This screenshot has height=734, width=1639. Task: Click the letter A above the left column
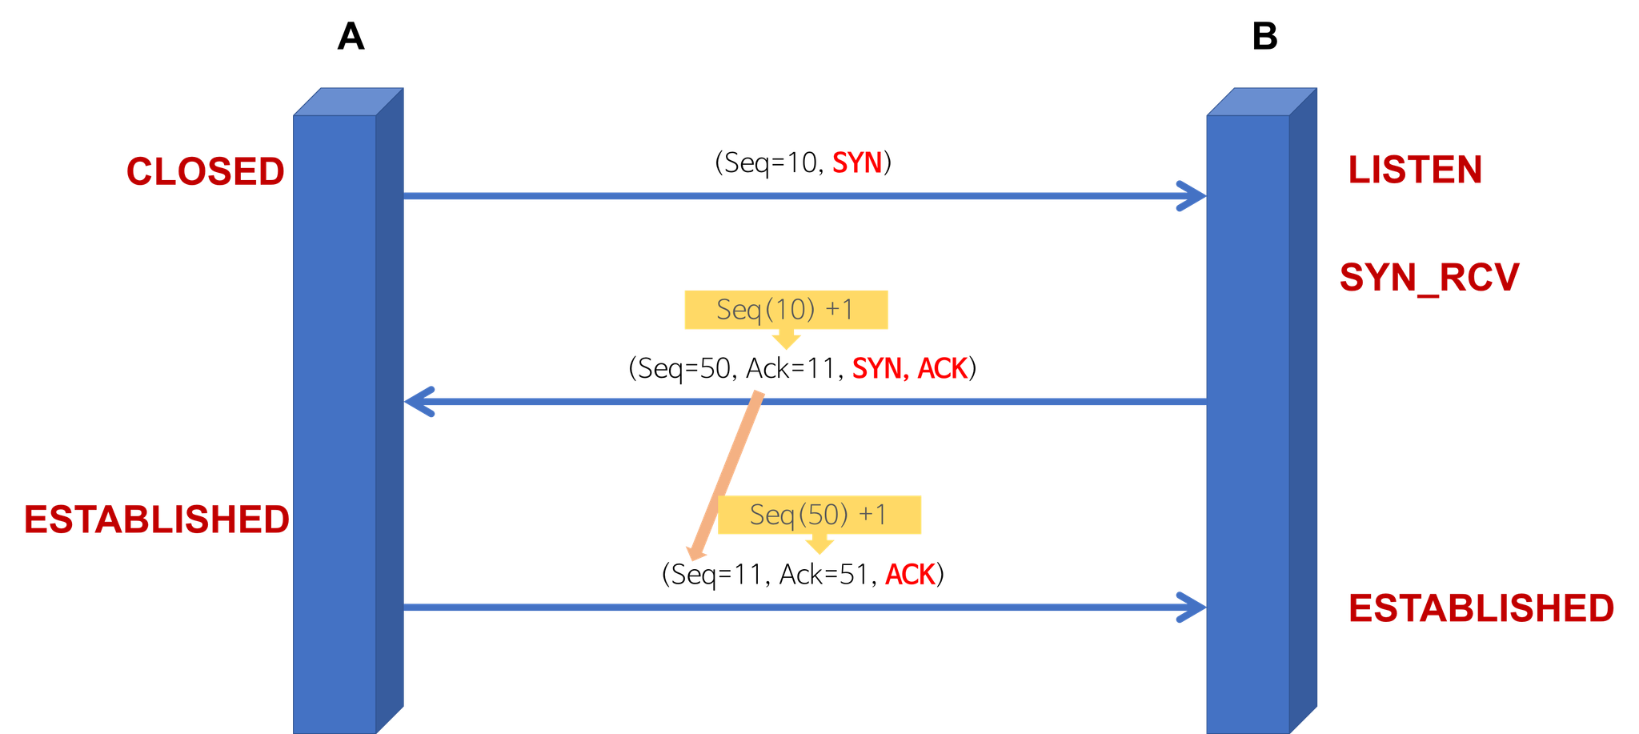point(351,37)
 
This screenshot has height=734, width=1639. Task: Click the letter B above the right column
point(1264,37)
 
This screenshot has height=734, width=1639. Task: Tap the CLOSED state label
point(206,171)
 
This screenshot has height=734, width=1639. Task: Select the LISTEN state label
point(1415,170)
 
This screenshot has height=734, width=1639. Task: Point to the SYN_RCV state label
point(1429,278)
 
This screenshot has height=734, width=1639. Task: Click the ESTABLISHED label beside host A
point(157,519)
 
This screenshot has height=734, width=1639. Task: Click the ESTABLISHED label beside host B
point(1481,608)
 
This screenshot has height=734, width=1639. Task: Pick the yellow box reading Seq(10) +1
point(786,310)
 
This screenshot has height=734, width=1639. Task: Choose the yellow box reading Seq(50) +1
point(819,515)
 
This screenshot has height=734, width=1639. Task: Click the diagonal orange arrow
point(726,476)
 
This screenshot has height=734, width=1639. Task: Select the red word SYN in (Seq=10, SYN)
point(856,163)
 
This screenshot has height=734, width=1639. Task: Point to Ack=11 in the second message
point(791,368)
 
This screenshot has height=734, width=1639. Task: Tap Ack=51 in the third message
point(825,575)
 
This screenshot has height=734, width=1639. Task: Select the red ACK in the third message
point(910,575)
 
